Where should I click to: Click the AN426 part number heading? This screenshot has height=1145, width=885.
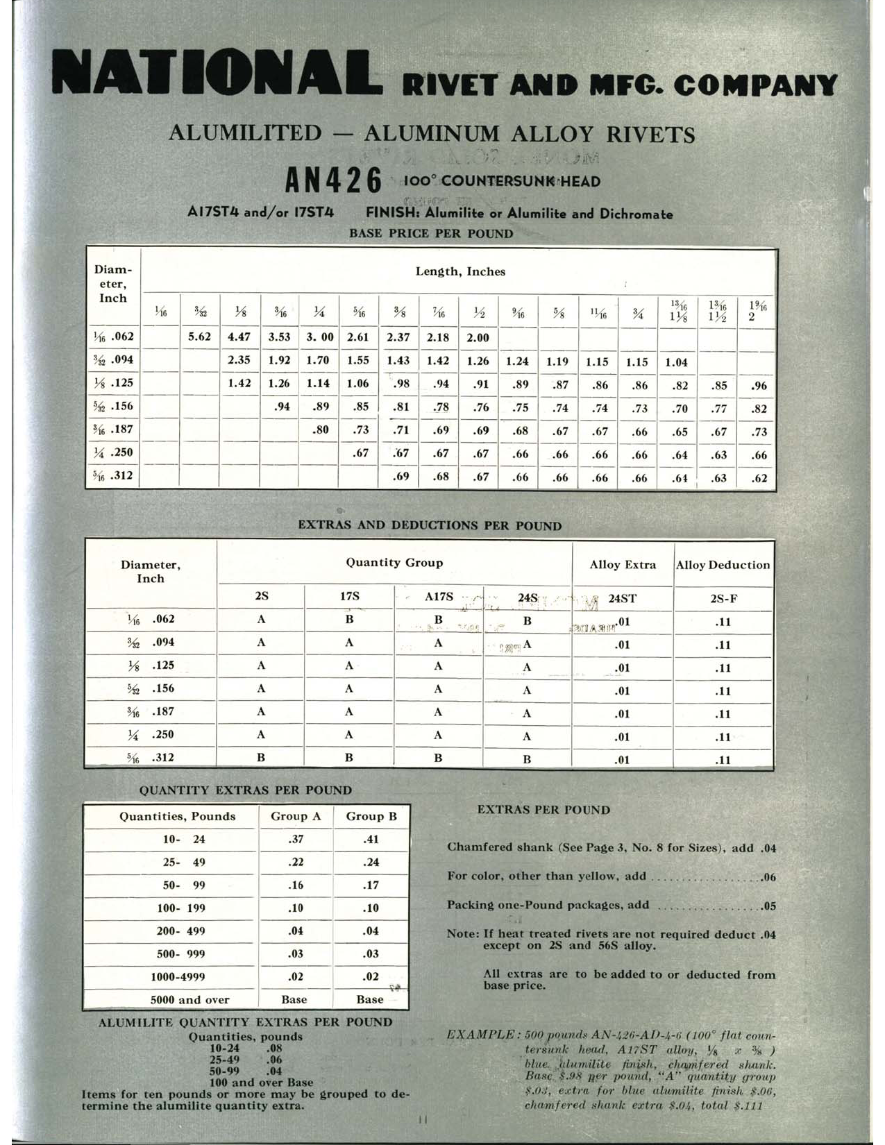[x=333, y=182]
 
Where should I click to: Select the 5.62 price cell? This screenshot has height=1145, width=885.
[x=200, y=337]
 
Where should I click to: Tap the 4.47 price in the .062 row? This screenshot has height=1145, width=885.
[x=239, y=337]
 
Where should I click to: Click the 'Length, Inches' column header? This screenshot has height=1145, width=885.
[x=460, y=271]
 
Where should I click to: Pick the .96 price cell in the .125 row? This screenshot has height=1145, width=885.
[x=759, y=386]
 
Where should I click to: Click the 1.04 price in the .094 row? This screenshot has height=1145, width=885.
[x=677, y=362]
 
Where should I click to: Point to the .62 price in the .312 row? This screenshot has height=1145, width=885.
[x=759, y=477]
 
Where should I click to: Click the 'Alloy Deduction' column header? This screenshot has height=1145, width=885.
[x=723, y=565]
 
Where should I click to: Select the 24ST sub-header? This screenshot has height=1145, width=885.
[x=622, y=598]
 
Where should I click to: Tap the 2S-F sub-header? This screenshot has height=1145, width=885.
[x=723, y=598]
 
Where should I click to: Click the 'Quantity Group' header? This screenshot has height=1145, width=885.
[x=394, y=563]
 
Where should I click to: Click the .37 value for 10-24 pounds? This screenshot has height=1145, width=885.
[x=296, y=839]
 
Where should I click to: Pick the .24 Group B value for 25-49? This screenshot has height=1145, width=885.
[x=371, y=862]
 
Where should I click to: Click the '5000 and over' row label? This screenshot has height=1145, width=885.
[x=189, y=1000]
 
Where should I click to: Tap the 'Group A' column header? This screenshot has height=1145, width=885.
[x=296, y=816]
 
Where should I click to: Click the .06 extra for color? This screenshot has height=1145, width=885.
[x=768, y=877]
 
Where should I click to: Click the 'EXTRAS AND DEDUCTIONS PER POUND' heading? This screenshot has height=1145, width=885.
[x=430, y=525]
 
